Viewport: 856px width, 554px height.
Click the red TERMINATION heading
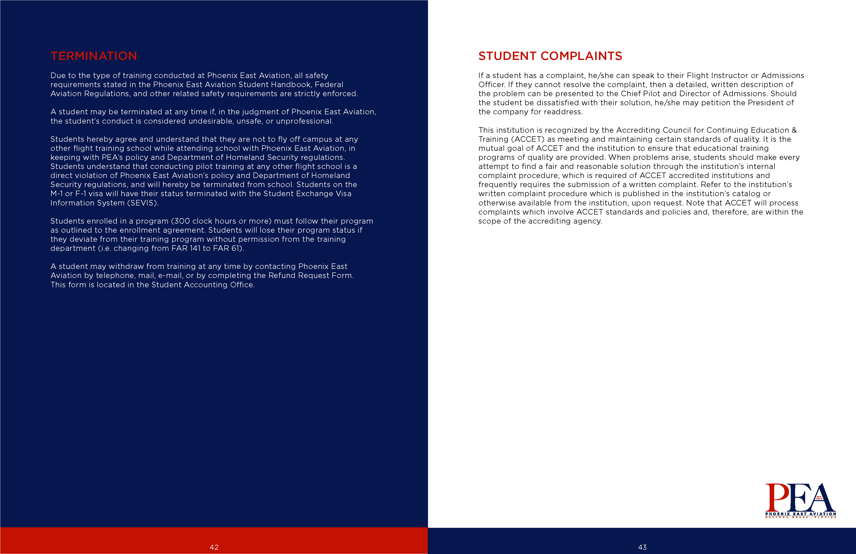(93, 56)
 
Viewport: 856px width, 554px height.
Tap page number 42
(214, 547)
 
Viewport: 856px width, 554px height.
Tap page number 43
(642, 547)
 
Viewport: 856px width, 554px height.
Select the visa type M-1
(56, 194)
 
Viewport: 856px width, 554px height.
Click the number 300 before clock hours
(182, 221)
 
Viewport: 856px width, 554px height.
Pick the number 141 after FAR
(195, 249)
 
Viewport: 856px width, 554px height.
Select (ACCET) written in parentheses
(528, 139)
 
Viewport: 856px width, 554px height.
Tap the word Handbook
(291, 85)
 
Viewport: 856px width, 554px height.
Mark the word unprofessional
(304, 121)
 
